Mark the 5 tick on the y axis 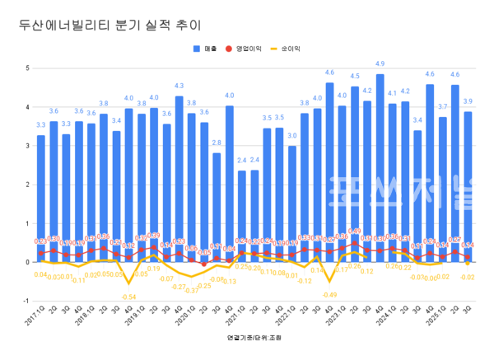[27, 68]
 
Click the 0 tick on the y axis [27, 262]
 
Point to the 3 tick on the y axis [27, 146]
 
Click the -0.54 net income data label [128, 297]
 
